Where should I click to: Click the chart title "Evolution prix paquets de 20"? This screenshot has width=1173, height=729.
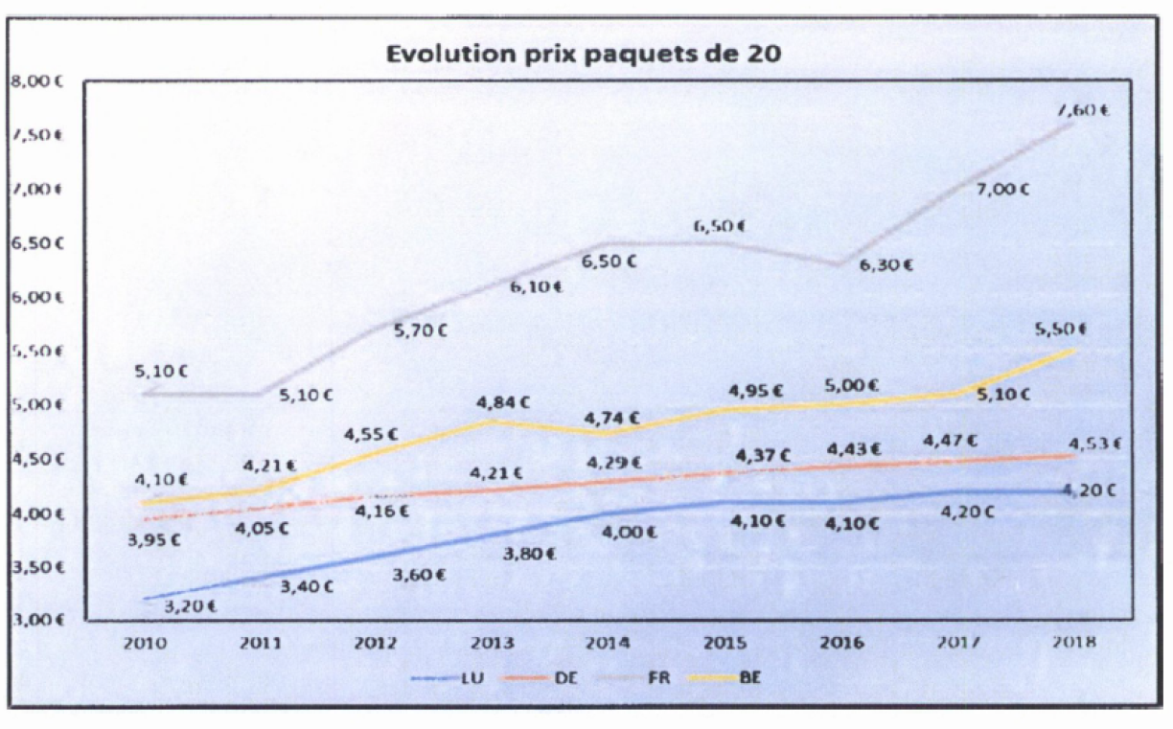click(x=584, y=54)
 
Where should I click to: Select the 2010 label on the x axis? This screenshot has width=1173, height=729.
click(x=144, y=643)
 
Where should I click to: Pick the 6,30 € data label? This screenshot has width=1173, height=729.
click(x=885, y=265)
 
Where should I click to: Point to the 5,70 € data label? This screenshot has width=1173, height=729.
click(x=421, y=330)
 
